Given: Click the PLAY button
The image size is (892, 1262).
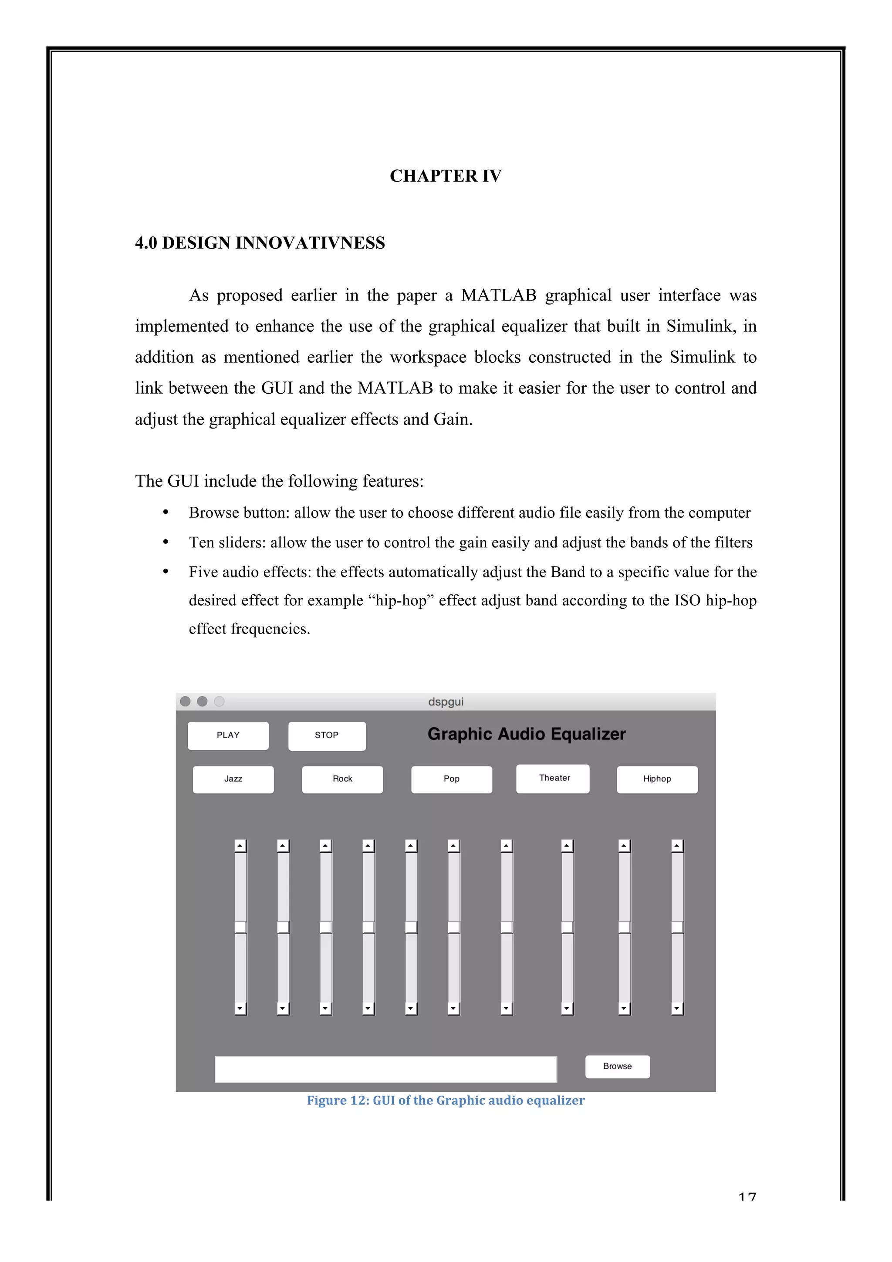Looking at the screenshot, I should tap(228, 736).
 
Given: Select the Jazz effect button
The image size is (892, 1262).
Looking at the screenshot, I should tap(233, 779).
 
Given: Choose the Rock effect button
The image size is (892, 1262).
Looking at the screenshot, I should tap(342, 779).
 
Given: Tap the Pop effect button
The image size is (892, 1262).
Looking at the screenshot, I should tap(451, 779).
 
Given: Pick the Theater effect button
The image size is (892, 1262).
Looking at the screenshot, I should tap(553, 778).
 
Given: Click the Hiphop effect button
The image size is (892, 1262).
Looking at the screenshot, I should tap(657, 779).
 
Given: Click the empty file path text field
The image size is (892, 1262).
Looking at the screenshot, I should tap(386, 1069).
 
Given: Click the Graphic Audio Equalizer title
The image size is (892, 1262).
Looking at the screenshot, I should tap(527, 734).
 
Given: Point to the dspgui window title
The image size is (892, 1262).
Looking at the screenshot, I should tap(446, 702).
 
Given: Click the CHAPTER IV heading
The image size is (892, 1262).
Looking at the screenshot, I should tap(446, 176).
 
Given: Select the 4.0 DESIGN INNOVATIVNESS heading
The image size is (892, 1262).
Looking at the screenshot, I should tap(260, 243).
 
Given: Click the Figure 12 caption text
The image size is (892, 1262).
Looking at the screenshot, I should tap(446, 1100).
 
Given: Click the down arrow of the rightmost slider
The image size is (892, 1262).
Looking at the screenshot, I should tap(677, 1008).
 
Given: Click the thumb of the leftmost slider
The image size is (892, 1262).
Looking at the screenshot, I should tap(240, 927).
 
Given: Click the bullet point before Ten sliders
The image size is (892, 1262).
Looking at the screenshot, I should tap(166, 542).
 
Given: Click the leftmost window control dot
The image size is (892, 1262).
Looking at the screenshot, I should tap(185, 702).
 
